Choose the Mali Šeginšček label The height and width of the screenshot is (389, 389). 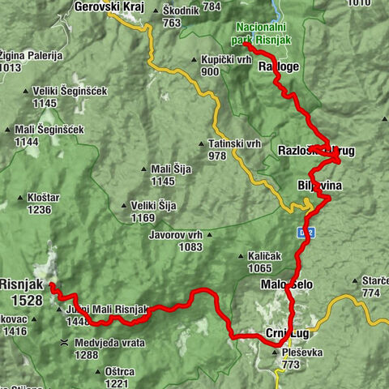point(48,130)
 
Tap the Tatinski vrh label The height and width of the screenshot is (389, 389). point(234,143)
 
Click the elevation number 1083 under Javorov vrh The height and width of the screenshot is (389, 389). point(189,246)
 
